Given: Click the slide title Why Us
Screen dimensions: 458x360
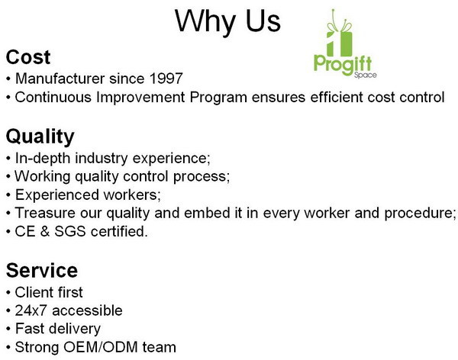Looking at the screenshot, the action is [x=227, y=21].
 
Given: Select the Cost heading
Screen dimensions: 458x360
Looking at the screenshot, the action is [x=28, y=57].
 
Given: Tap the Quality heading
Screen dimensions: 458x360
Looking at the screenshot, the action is [x=40, y=137].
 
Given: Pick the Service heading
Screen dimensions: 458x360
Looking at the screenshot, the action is [x=42, y=271].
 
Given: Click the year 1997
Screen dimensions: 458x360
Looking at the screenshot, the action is [x=166, y=79].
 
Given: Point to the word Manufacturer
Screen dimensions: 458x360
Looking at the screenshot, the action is [x=60, y=79].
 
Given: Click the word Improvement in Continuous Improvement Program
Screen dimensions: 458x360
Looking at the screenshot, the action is [x=140, y=97].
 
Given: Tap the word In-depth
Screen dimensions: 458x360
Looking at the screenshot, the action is [x=43, y=158].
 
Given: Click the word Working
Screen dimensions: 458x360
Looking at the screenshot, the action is [x=43, y=177].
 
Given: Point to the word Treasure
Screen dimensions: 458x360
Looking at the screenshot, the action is [x=45, y=213].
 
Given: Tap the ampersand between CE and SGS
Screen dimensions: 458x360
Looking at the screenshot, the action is [x=45, y=232].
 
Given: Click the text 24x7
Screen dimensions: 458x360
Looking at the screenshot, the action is [x=31, y=310].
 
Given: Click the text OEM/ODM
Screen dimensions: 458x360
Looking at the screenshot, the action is [x=101, y=347].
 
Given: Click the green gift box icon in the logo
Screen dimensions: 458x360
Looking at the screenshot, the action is [x=340, y=34].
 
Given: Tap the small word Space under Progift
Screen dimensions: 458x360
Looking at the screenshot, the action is [x=365, y=76].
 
